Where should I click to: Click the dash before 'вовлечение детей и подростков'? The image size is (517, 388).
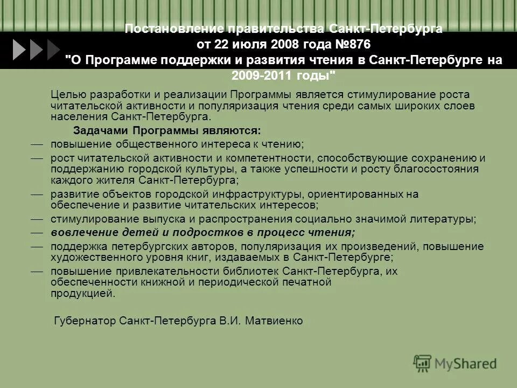(36, 232)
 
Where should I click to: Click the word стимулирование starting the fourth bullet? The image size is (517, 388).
(90, 219)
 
